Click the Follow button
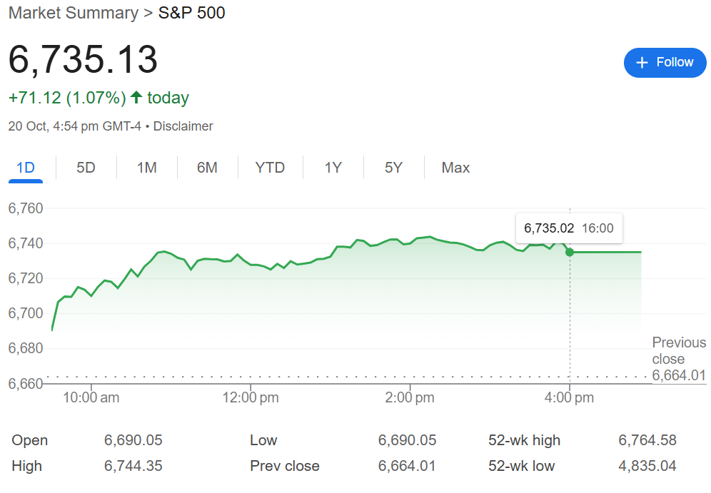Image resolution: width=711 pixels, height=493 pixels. click(665, 63)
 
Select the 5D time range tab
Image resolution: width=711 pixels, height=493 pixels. click(86, 168)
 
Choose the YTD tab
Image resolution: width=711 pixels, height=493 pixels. click(270, 168)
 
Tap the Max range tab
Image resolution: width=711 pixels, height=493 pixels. click(455, 168)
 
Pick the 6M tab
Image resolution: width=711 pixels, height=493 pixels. click(207, 168)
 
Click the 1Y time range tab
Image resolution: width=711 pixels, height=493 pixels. click(333, 168)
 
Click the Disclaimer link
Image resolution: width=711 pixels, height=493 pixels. click(183, 126)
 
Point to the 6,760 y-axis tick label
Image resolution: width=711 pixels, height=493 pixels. click(26, 208)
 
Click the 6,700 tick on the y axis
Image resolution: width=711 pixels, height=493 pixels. click(26, 313)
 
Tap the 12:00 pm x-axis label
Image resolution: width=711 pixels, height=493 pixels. click(249, 398)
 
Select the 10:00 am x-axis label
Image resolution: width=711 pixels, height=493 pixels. click(91, 398)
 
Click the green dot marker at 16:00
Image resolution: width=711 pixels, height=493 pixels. click(570, 252)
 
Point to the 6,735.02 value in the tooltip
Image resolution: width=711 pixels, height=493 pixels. click(549, 228)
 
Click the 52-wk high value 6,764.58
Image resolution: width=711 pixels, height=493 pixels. click(647, 440)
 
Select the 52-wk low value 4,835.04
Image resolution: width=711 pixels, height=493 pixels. click(647, 466)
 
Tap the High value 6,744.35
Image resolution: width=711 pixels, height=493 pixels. click(133, 466)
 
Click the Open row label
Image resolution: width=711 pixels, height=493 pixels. click(30, 440)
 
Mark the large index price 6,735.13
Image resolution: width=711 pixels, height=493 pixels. click(83, 59)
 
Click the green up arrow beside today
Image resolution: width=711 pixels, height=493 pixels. click(136, 98)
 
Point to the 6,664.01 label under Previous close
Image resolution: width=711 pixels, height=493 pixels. click(679, 376)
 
